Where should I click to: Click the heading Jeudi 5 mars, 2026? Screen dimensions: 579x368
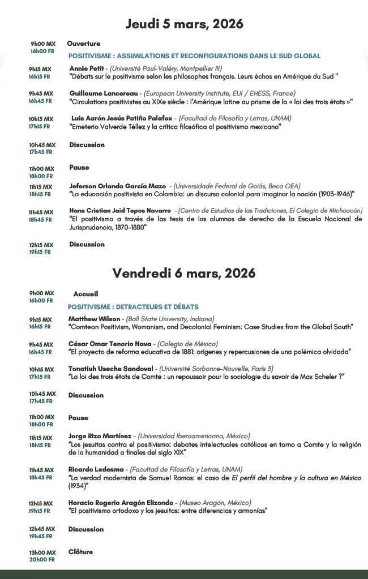click(x=184, y=24)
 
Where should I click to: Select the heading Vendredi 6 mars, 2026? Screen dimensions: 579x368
click(x=184, y=273)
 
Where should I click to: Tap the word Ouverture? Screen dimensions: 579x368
click(x=83, y=44)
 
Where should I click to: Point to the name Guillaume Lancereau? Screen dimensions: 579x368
click(x=105, y=93)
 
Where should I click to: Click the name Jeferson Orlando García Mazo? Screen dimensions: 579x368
click(x=118, y=186)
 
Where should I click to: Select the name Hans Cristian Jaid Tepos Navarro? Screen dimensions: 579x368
click(x=120, y=211)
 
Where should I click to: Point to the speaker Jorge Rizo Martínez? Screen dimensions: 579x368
click(x=100, y=436)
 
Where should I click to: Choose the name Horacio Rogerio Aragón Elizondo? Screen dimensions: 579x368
click(x=120, y=502)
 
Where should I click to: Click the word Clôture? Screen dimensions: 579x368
click(x=80, y=552)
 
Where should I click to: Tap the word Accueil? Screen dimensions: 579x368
click(x=85, y=294)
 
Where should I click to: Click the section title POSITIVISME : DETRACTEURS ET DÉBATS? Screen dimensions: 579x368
click(x=133, y=306)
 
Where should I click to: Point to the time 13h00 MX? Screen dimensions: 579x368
click(x=42, y=552)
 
